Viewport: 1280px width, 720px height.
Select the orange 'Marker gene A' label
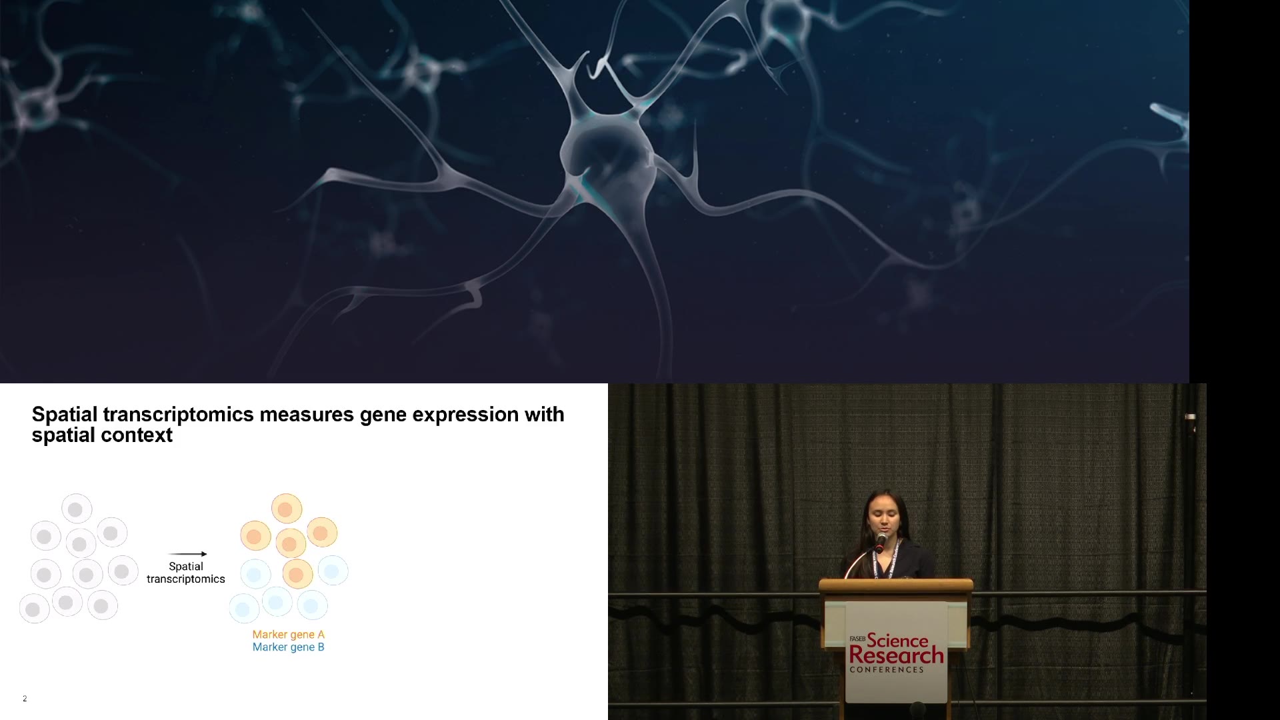tap(288, 635)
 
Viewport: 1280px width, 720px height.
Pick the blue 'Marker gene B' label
tap(288, 647)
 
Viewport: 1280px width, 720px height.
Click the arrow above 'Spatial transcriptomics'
tap(187, 554)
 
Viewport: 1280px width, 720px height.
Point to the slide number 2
tap(25, 699)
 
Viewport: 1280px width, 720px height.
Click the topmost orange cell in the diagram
tap(287, 509)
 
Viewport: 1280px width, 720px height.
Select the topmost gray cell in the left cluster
tap(77, 509)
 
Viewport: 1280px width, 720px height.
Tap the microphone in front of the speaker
tap(881, 541)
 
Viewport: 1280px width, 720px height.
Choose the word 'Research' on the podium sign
tap(896, 656)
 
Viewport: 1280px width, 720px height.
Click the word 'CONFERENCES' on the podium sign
tap(887, 669)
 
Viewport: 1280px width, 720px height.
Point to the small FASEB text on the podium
tap(857, 639)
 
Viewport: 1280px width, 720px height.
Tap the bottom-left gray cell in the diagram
tap(34, 609)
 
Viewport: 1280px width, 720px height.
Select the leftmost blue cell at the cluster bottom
tap(244, 609)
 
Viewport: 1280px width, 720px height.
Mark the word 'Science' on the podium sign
tap(897, 641)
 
